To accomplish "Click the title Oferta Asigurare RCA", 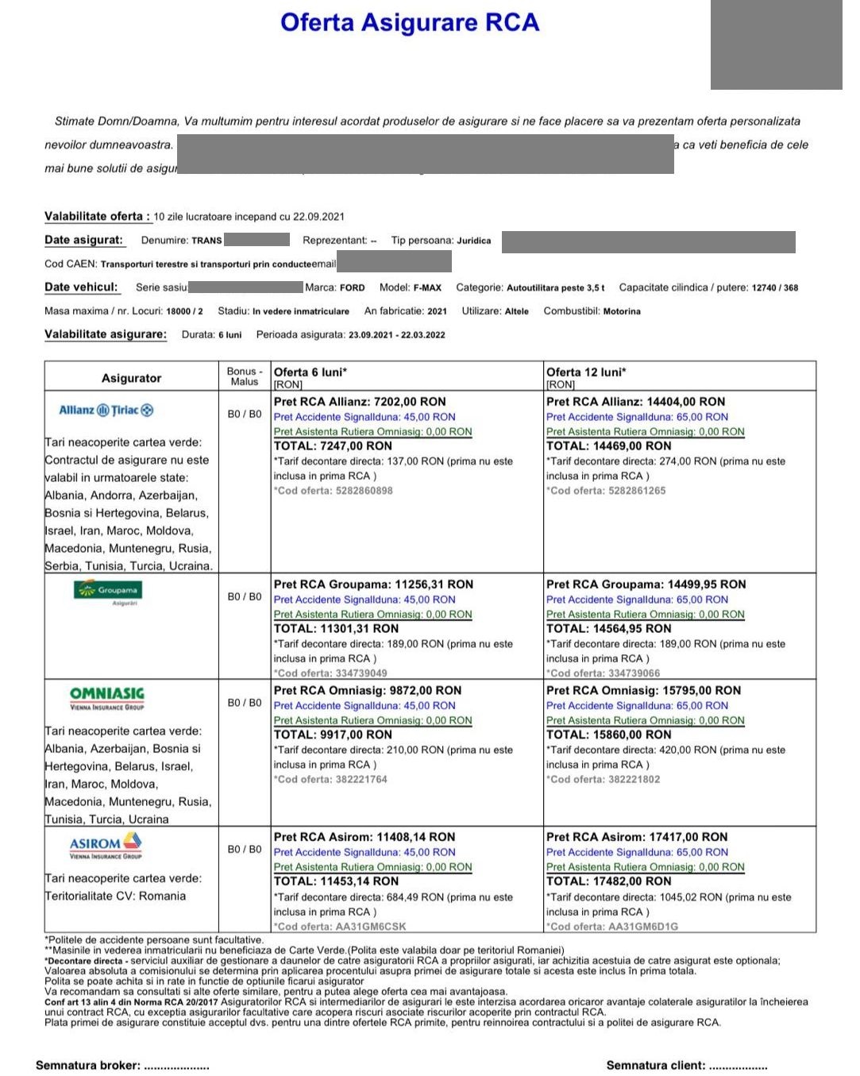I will pyautogui.click(x=409, y=22).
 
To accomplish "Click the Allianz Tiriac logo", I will pyautogui.click(x=106, y=410).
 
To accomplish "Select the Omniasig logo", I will pyautogui.click(x=106, y=697).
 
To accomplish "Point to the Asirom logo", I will pyautogui.click(x=106, y=846).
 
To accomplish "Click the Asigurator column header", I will pyautogui.click(x=131, y=378).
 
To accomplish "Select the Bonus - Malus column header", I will pyautogui.click(x=245, y=376).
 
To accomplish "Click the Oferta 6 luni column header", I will pyautogui.click(x=310, y=372).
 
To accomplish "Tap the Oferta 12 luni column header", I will pyautogui.click(x=586, y=372).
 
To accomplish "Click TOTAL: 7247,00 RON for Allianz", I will pyautogui.click(x=333, y=446).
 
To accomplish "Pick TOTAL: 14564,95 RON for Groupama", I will pyautogui.click(x=608, y=628).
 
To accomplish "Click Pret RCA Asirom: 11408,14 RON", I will pyautogui.click(x=364, y=837).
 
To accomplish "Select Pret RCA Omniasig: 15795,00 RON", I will pyautogui.click(x=643, y=690).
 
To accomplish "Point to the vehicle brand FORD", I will pyautogui.click(x=352, y=287).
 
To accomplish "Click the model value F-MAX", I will pyautogui.click(x=427, y=287).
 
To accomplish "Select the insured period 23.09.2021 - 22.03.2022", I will pyautogui.click(x=396, y=334).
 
